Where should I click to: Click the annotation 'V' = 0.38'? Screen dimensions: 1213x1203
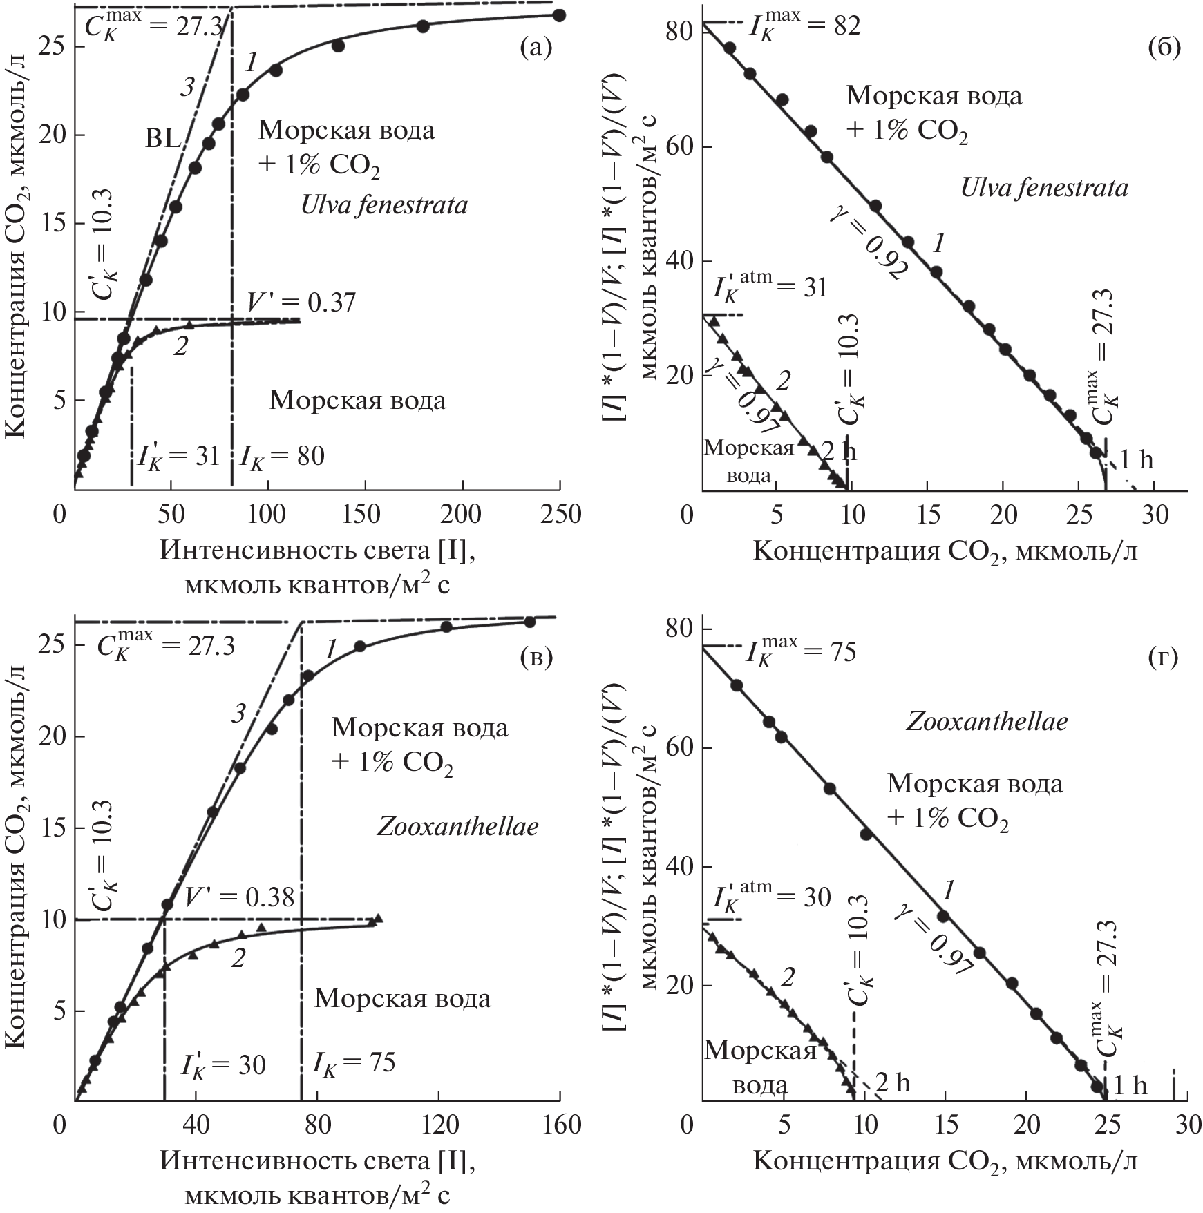(239, 897)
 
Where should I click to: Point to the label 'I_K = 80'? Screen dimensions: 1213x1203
(282, 456)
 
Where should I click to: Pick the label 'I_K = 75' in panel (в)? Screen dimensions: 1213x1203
(354, 1062)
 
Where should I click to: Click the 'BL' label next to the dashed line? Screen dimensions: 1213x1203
(163, 140)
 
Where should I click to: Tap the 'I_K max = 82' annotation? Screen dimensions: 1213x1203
(805, 27)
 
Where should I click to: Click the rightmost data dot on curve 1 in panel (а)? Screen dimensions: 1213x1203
(560, 15)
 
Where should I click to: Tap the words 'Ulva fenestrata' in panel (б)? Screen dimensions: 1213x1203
(1044, 187)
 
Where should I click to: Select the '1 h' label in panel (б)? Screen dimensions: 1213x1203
(1136, 459)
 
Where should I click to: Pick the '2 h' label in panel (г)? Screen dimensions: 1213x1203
(892, 1082)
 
